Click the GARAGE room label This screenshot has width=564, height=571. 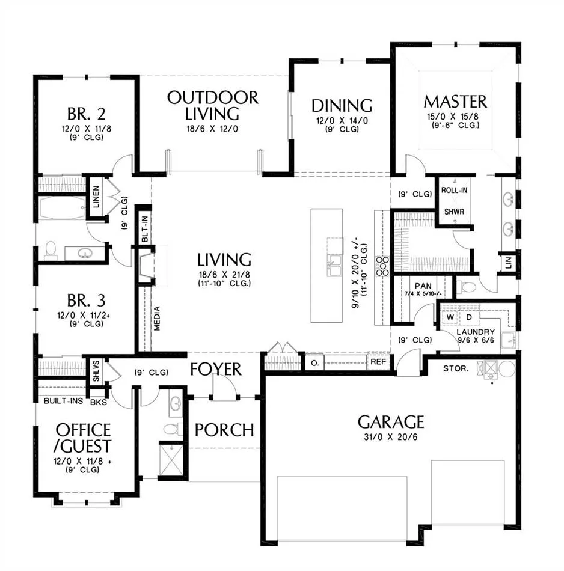(x=391, y=422)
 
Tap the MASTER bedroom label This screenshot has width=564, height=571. (x=455, y=102)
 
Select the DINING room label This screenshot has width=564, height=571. (x=342, y=106)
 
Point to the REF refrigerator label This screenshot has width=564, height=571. (x=378, y=362)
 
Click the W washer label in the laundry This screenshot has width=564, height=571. (x=450, y=317)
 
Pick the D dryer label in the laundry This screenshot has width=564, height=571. (x=469, y=317)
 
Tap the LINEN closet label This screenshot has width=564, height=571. (x=96, y=197)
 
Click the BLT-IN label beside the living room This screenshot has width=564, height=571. (x=145, y=229)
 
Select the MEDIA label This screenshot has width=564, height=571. (x=157, y=319)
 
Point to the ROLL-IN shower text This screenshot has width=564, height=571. (x=454, y=190)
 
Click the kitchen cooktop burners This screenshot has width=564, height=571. (x=382, y=266)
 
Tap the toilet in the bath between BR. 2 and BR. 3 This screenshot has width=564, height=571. (x=51, y=251)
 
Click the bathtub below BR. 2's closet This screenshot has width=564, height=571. (x=63, y=208)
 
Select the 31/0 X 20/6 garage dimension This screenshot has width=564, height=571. (x=391, y=437)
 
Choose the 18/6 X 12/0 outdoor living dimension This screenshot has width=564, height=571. (x=212, y=129)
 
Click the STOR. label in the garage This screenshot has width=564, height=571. (x=455, y=368)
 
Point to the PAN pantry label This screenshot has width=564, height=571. (x=423, y=286)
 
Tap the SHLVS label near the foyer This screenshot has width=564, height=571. (x=96, y=371)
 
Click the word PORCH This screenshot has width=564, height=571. (x=224, y=430)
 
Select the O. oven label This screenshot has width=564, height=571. (x=315, y=363)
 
